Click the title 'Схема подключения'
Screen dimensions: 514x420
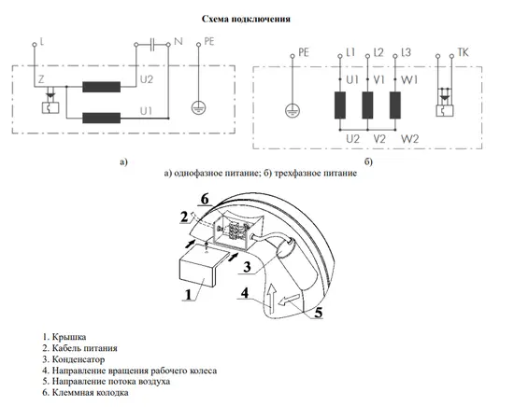click(246, 19)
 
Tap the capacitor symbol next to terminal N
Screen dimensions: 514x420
click(152, 44)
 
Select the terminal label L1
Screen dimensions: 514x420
click(350, 52)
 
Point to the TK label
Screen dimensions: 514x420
click(463, 52)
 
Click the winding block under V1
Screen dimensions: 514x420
click(367, 105)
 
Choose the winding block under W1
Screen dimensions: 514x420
click(395, 105)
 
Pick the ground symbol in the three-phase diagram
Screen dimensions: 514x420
click(293, 110)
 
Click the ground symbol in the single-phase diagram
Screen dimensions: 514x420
click(198, 107)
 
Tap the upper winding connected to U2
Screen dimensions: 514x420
click(101, 87)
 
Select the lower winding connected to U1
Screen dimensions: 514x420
click(101, 118)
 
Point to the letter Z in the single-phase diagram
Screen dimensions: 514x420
click(41, 79)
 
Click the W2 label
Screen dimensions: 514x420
click(410, 139)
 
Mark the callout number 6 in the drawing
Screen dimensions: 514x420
click(205, 200)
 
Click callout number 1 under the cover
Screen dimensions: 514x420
click(188, 295)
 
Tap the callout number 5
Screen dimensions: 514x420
click(319, 313)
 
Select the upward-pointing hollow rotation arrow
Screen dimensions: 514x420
click(271, 296)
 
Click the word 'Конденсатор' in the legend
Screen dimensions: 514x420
click(79, 359)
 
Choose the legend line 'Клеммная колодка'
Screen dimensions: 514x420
click(85, 393)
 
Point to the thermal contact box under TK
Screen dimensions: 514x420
click(445, 111)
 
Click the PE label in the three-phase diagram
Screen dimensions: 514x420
click(304, 52)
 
